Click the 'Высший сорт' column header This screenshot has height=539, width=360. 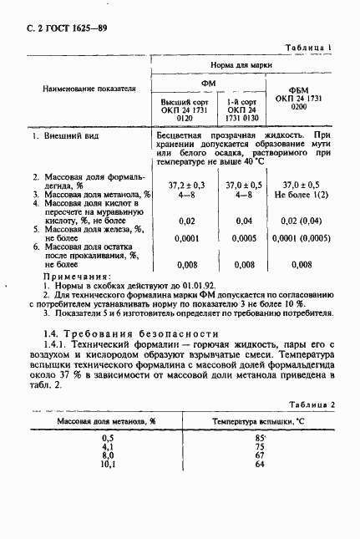pos(185,102)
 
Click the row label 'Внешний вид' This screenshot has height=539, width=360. pos(68,134)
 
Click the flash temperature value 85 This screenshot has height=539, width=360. pos(260,437)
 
